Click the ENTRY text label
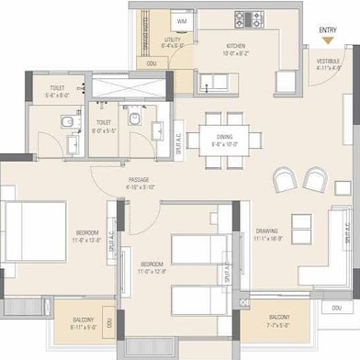pyautogui.click(x=327, y=30)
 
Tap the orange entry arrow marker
pyautogui.click(x=327, y=40)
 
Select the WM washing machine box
pyautogui.click(x=181, y=20)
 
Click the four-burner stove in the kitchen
pyautogui.click(x=246, y=17)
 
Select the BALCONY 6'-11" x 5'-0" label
pyautogui.click(x=84, y=322)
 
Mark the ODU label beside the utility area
pyautogui.click(x=151, y=62)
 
